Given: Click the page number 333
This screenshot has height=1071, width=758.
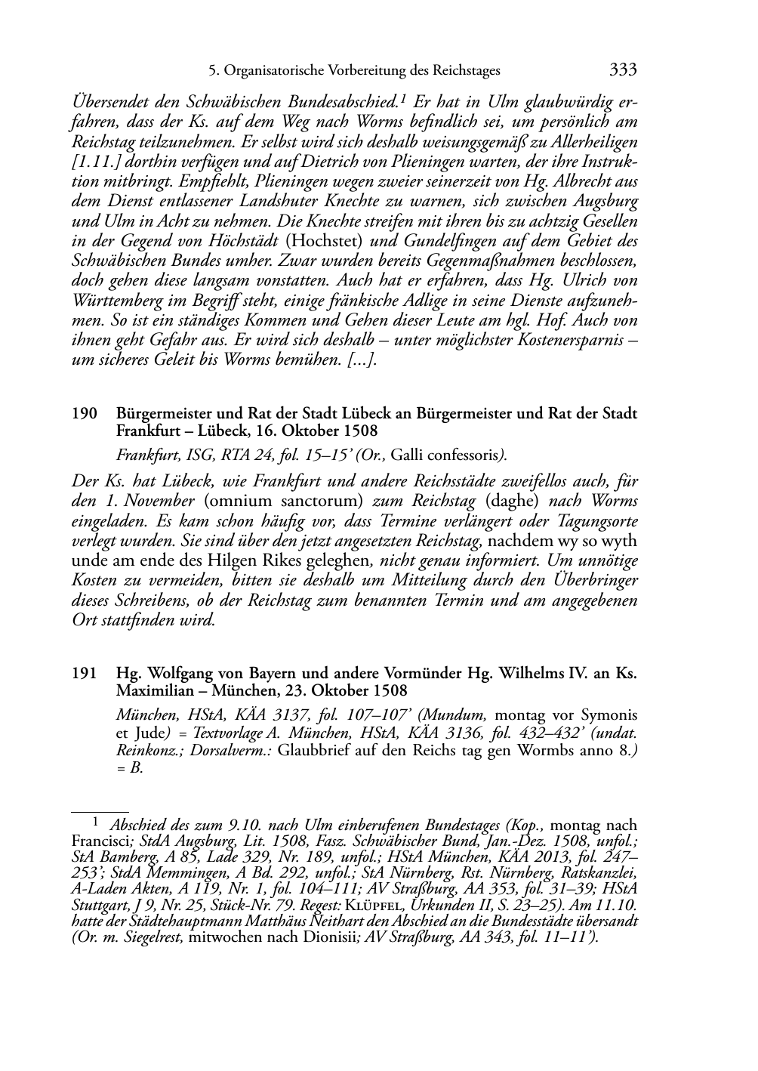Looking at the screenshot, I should [623, 70].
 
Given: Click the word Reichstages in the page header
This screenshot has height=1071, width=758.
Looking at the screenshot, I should [464, 71].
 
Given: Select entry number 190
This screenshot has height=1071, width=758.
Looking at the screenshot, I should [84, 414].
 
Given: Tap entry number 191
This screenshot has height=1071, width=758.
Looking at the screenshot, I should [84, 672].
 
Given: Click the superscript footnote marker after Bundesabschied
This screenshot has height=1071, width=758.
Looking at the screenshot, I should [405, 97].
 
